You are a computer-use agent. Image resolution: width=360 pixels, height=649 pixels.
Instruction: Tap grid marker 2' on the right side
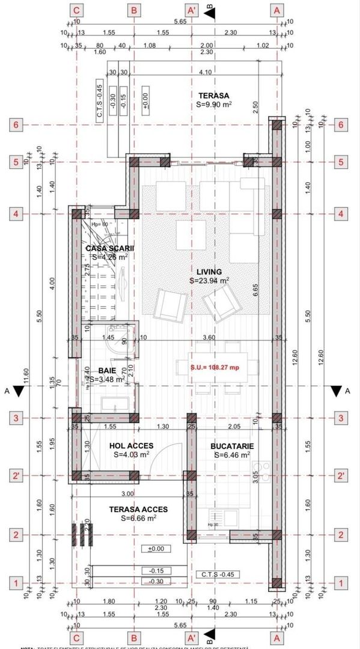click(341, 475)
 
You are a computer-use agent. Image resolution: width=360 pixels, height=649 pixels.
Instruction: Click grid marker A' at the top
click(192, 10)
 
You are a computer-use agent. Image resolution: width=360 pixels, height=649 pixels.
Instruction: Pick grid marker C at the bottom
click(76, 637)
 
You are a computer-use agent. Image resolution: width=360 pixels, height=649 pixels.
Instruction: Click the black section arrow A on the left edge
click(19, 391)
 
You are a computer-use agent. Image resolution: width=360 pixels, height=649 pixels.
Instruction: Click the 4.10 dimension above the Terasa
click(204, 73)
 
